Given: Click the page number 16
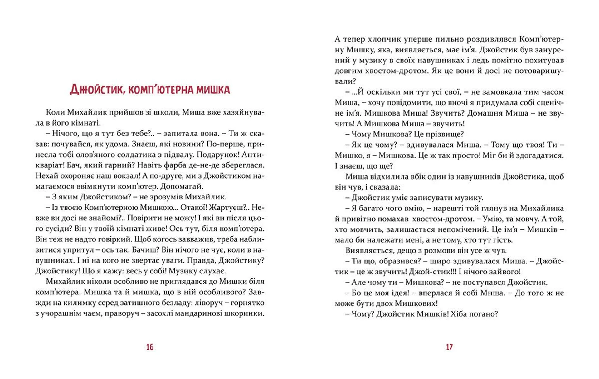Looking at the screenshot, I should [150, 347].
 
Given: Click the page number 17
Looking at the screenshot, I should [449, 347].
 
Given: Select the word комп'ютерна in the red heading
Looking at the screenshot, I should [160, 90].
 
